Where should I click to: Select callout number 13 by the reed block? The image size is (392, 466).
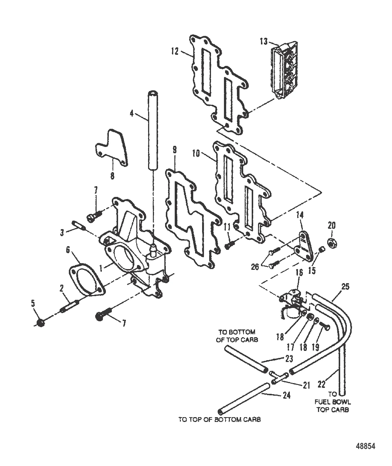tap(264, 41)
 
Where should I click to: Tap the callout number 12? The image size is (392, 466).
tap(175, 51)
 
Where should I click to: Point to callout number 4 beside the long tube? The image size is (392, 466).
tap(132, 113)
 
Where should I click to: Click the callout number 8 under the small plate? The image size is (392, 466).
tap(112, 176)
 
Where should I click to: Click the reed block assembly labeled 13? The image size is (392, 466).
tap(284, 70)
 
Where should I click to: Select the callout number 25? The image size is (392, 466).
tap(345, 286)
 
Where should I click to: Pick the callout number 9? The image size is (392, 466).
tap(175, 150)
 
